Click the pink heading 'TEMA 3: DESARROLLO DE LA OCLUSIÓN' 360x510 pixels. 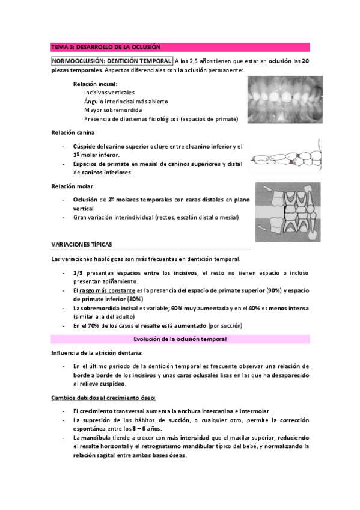click(106, 47)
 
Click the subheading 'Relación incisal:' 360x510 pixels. click(96, 84)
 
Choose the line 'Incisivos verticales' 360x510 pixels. click(109, 93)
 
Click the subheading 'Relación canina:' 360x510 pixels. click(74, 132)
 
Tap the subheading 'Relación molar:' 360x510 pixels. click(73, 186)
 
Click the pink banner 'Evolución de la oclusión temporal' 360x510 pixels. click(180, 339)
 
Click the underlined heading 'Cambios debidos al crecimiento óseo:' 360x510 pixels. click(103, 398)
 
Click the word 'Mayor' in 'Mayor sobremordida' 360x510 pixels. click(93, 111)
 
